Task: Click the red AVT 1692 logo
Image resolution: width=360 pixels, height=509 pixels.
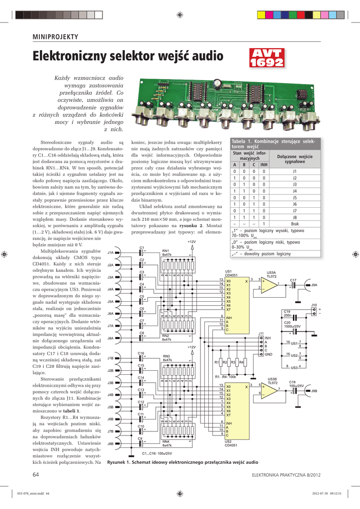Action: (x=266, y=58)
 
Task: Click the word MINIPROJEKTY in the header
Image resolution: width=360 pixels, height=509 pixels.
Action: (x=55, y=38)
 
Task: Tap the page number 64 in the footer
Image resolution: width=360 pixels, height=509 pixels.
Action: (x=36, y=475)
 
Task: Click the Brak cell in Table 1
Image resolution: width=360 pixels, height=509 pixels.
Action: (x=294, y=224)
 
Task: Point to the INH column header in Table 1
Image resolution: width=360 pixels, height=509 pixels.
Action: (x=264, y=165)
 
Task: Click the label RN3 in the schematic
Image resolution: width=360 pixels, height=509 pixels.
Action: (x=166, y=356)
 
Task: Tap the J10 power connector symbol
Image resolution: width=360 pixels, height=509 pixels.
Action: (x=314, y=312)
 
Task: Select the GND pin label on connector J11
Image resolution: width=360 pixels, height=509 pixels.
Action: (x=268, y=354)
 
